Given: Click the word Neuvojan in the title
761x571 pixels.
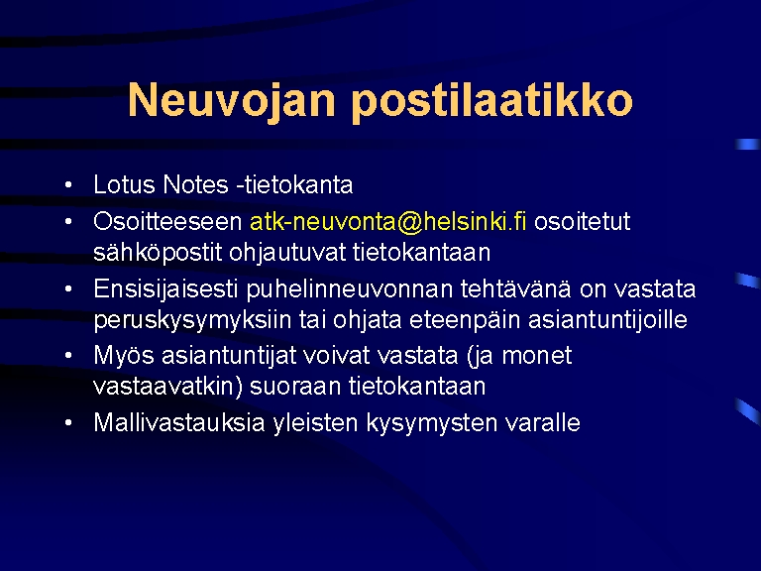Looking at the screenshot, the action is tap(232, 99).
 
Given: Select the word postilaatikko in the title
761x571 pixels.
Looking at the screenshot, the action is tap(491, 99).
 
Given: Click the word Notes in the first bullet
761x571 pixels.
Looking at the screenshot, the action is tap(195, 184).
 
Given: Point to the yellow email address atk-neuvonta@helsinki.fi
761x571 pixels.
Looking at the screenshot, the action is tap(387, 222).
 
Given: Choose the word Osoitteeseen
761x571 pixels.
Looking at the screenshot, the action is tap(167, 222).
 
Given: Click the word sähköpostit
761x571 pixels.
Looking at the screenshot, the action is tap(158, 253).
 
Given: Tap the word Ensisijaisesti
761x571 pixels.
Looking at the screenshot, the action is tap(165, 289).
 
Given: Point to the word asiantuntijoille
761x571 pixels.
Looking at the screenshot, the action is tap(607, 320).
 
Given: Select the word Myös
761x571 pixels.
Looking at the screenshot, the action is tap(123, 356).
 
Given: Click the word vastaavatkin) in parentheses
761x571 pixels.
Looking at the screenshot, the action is tap(167, 387).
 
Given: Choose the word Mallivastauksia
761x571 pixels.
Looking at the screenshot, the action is tap(179, 422).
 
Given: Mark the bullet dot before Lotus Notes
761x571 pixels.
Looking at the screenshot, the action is tap(68, 184).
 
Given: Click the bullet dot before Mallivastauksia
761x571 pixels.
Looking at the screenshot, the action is tap(68, 422).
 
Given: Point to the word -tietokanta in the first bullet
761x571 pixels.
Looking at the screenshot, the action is tap(294, 184).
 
